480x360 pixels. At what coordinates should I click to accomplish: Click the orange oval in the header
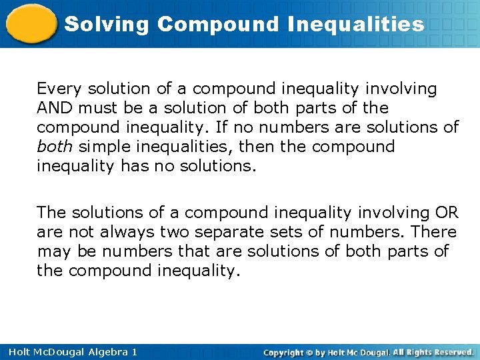[31, 24]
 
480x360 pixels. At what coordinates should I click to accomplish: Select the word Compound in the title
[219, 25]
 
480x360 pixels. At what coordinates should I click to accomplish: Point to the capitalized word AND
[55, 108]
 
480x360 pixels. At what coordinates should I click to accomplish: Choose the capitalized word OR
[446, 213]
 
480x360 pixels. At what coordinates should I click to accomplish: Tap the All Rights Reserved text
[433, 351]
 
